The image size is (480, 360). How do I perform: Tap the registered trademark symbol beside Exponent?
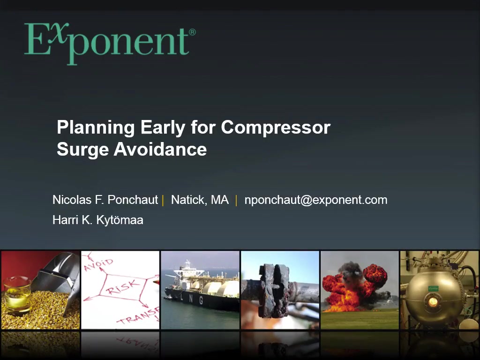pyautogui.click(x=192, y=32)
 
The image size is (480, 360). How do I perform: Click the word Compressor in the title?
pyautogui.click(x=276, y=127)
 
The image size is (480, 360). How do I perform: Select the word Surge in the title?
pyautogui.click(x=82, y=150)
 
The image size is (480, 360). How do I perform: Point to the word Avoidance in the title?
pyautogui.click(x=160, y=150)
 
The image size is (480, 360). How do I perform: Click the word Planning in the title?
pyautogui.click(x=96, y=128)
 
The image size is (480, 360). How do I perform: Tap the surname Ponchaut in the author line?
pyautogui.click(x=133, y=200)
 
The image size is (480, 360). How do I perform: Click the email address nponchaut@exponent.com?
pyautogui.click(x=316, y=200)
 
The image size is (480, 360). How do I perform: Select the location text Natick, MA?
pyautogui.click(x=200, y=200)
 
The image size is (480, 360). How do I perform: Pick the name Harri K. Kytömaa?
pyautogui.click(x=98, y=220)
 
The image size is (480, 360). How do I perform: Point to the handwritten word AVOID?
pyautogui.click(x=98, y=265)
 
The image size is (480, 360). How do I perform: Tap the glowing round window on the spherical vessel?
pyautogui.click(x=433, y=302)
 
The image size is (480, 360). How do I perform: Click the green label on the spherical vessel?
pyautogui.click(x=433, y=288)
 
